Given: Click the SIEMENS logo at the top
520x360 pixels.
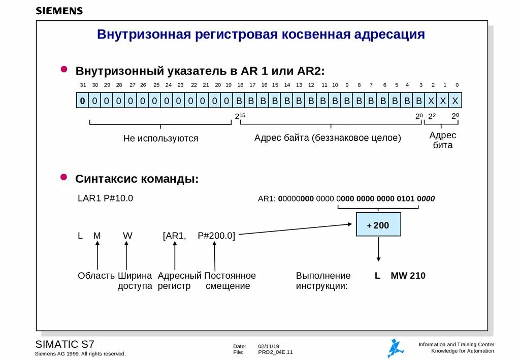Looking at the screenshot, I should pyautogui.click(x=59, y=11).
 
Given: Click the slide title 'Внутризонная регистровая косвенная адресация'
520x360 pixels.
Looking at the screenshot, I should pyautogui.click(x=261, y=35).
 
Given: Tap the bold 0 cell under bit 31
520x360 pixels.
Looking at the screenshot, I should pyautogui.click(x=82, y=101).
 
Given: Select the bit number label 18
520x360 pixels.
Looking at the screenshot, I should pyautogui.click(x=240, y=85).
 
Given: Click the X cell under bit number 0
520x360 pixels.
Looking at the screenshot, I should pyautogui.click(x=455, y=101).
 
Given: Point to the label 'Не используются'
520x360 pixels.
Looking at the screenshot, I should pyautogui.click(x=160, y=138).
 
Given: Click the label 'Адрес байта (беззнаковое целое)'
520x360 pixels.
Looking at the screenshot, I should pyautogui.click(x=328, y=138).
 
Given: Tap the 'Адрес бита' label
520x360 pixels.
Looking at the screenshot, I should pyautogui.click(x=443, y=140).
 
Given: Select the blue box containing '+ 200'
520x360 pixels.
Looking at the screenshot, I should pyautogui.click(x=378, y=224).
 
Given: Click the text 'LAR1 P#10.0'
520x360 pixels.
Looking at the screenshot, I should pyautogui.click(x=105, y=199).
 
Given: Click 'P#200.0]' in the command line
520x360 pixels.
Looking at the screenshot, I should pyautogui.click(x=216, y=235).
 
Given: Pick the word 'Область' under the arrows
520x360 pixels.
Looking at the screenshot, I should pyautogui.click(x=96, y=276).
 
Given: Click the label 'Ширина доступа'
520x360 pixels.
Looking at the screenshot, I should pyautogui.click(x=135, y=281).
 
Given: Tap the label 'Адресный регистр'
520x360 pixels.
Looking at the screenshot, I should pyautogui.click(x=179, y=281).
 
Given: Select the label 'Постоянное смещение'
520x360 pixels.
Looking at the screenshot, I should pyautogui.click(x=230, y=281).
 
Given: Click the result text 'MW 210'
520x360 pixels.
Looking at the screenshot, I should pyautogui.click(x=408, y=276).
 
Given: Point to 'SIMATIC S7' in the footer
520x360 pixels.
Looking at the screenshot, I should pyautogui.click(x=64, y=344).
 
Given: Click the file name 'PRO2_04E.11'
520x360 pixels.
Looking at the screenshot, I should pyautogui.click(x=275, y=352).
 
